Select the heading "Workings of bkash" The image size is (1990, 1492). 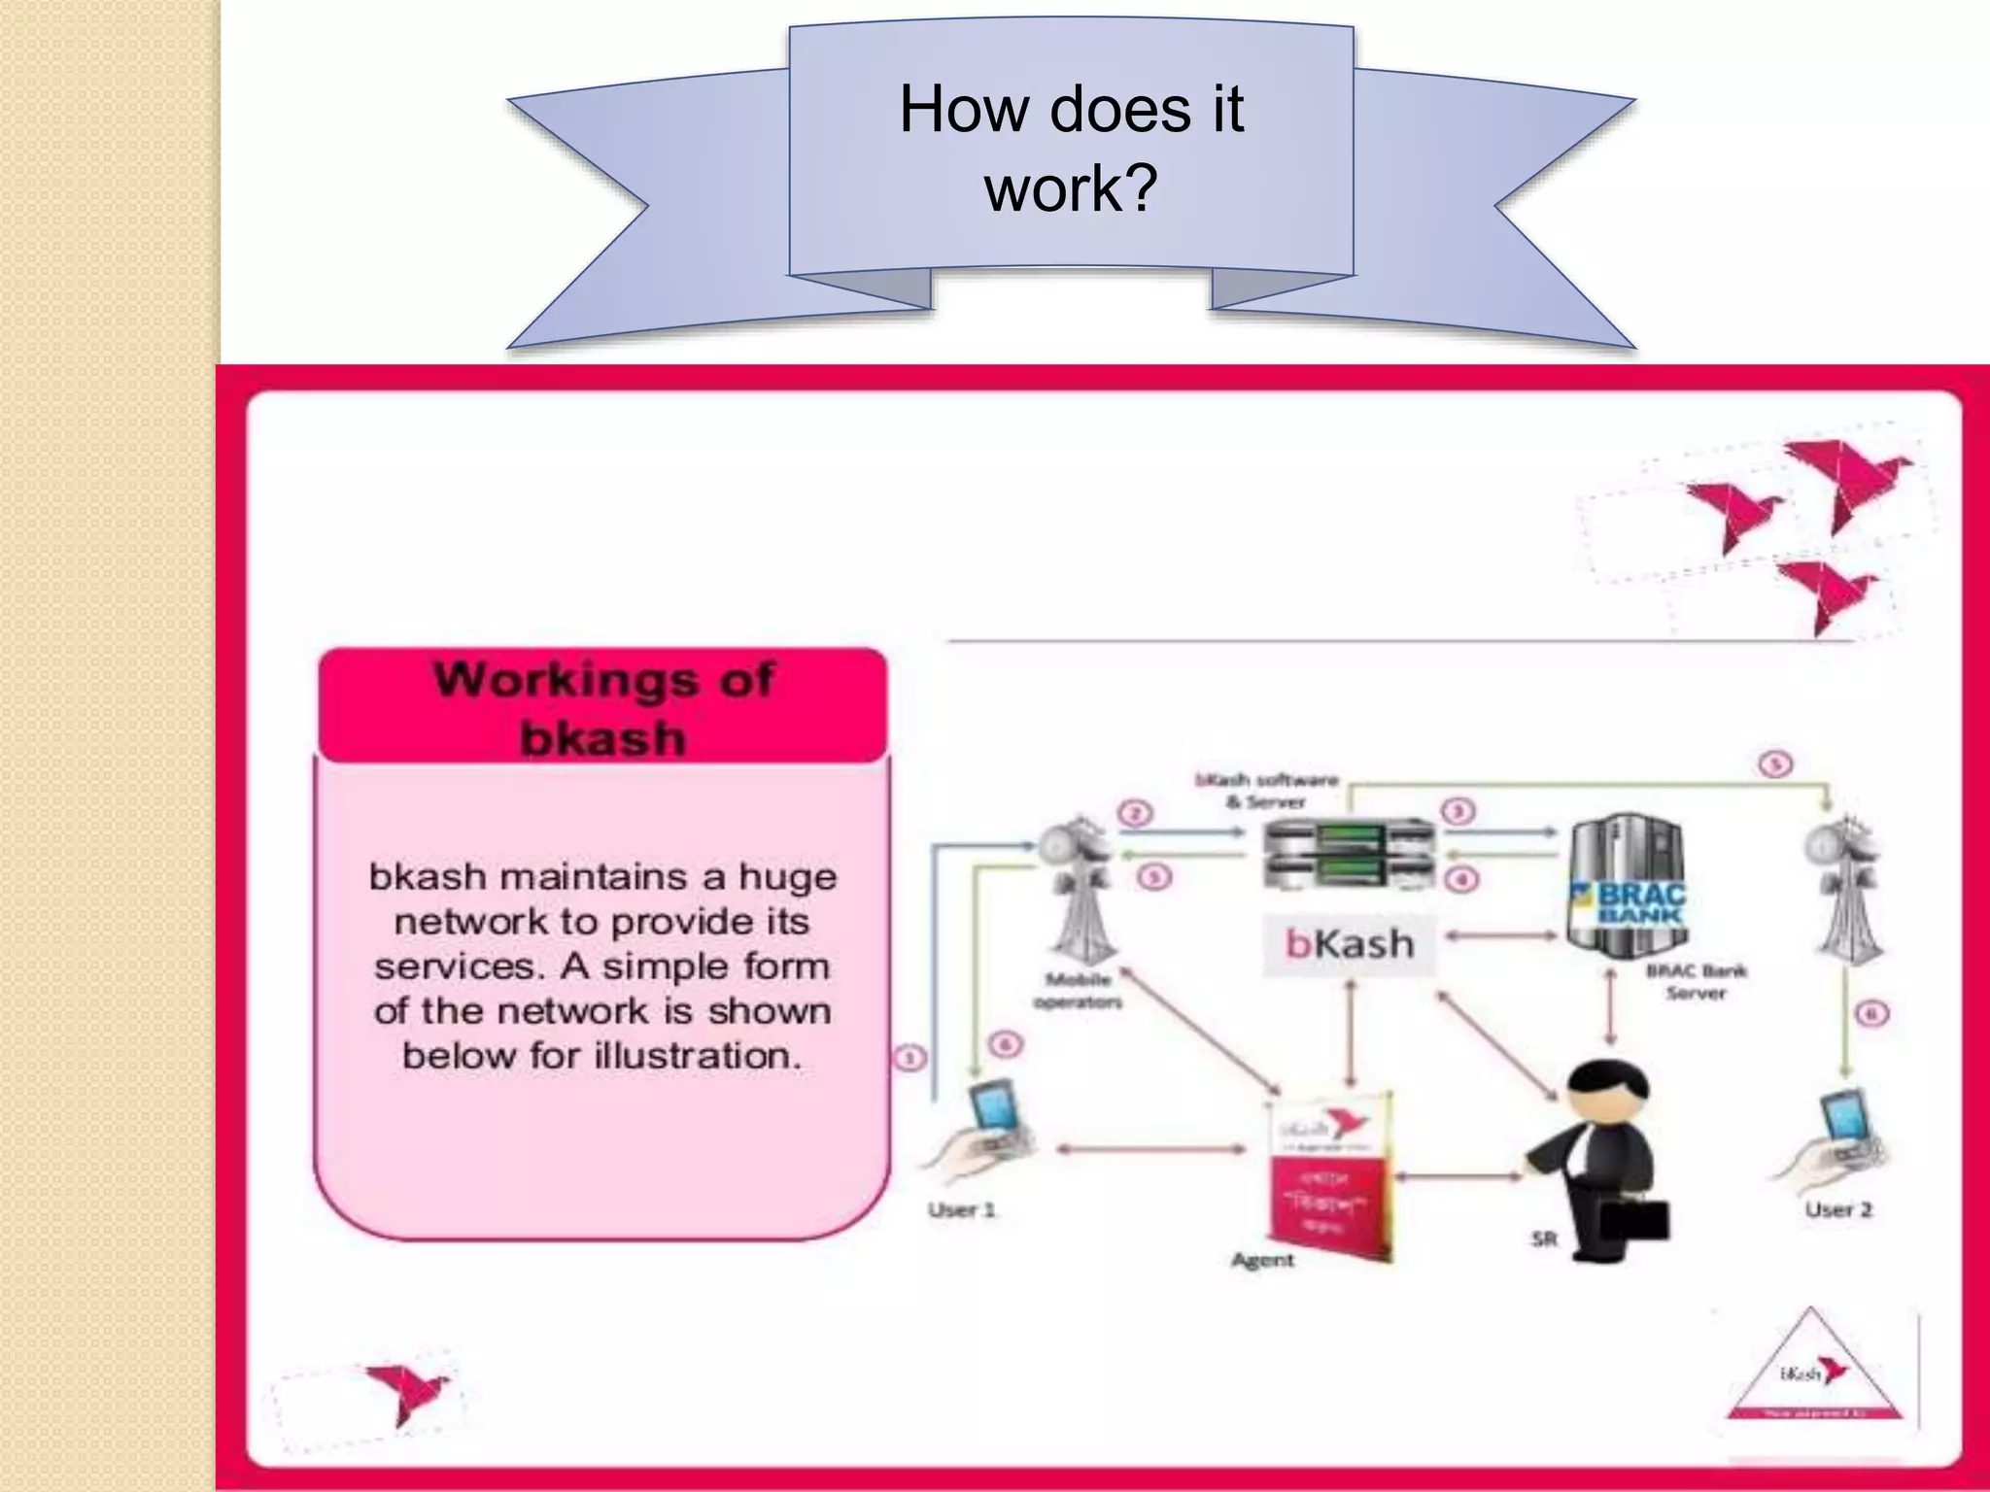(x=602, y=707)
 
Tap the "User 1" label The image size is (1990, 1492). (x=961, y=1210)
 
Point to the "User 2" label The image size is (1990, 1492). (x=1837, y=1210)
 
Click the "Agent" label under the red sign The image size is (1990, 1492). (x=1262, y=1261)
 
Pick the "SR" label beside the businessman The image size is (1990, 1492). (x=1544, y=1239)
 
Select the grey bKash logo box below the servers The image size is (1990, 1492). (x=1349, y=944)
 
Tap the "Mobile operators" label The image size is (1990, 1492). (x=1078, y=991)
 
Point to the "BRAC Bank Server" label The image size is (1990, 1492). (x=1696, y=982)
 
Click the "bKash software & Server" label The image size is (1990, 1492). (x=1266, y=791)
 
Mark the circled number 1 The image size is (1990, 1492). (x=909, y=1058)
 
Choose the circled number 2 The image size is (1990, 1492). (x=1135, y=813)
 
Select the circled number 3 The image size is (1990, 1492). (x=1458, y=812)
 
